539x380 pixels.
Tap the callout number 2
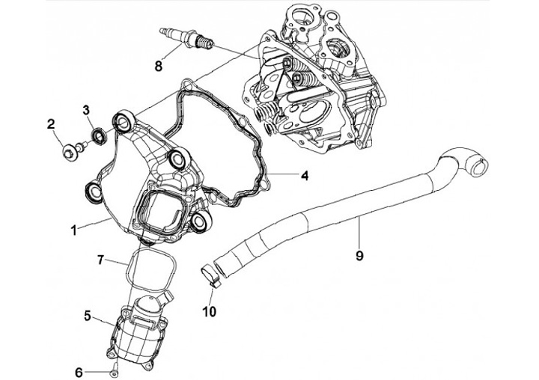(x=52, y=123)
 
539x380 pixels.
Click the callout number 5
(x=88, y=316)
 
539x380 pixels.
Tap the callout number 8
(x=158, y=67)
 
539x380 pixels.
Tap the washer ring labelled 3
(x=97, y=137)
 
